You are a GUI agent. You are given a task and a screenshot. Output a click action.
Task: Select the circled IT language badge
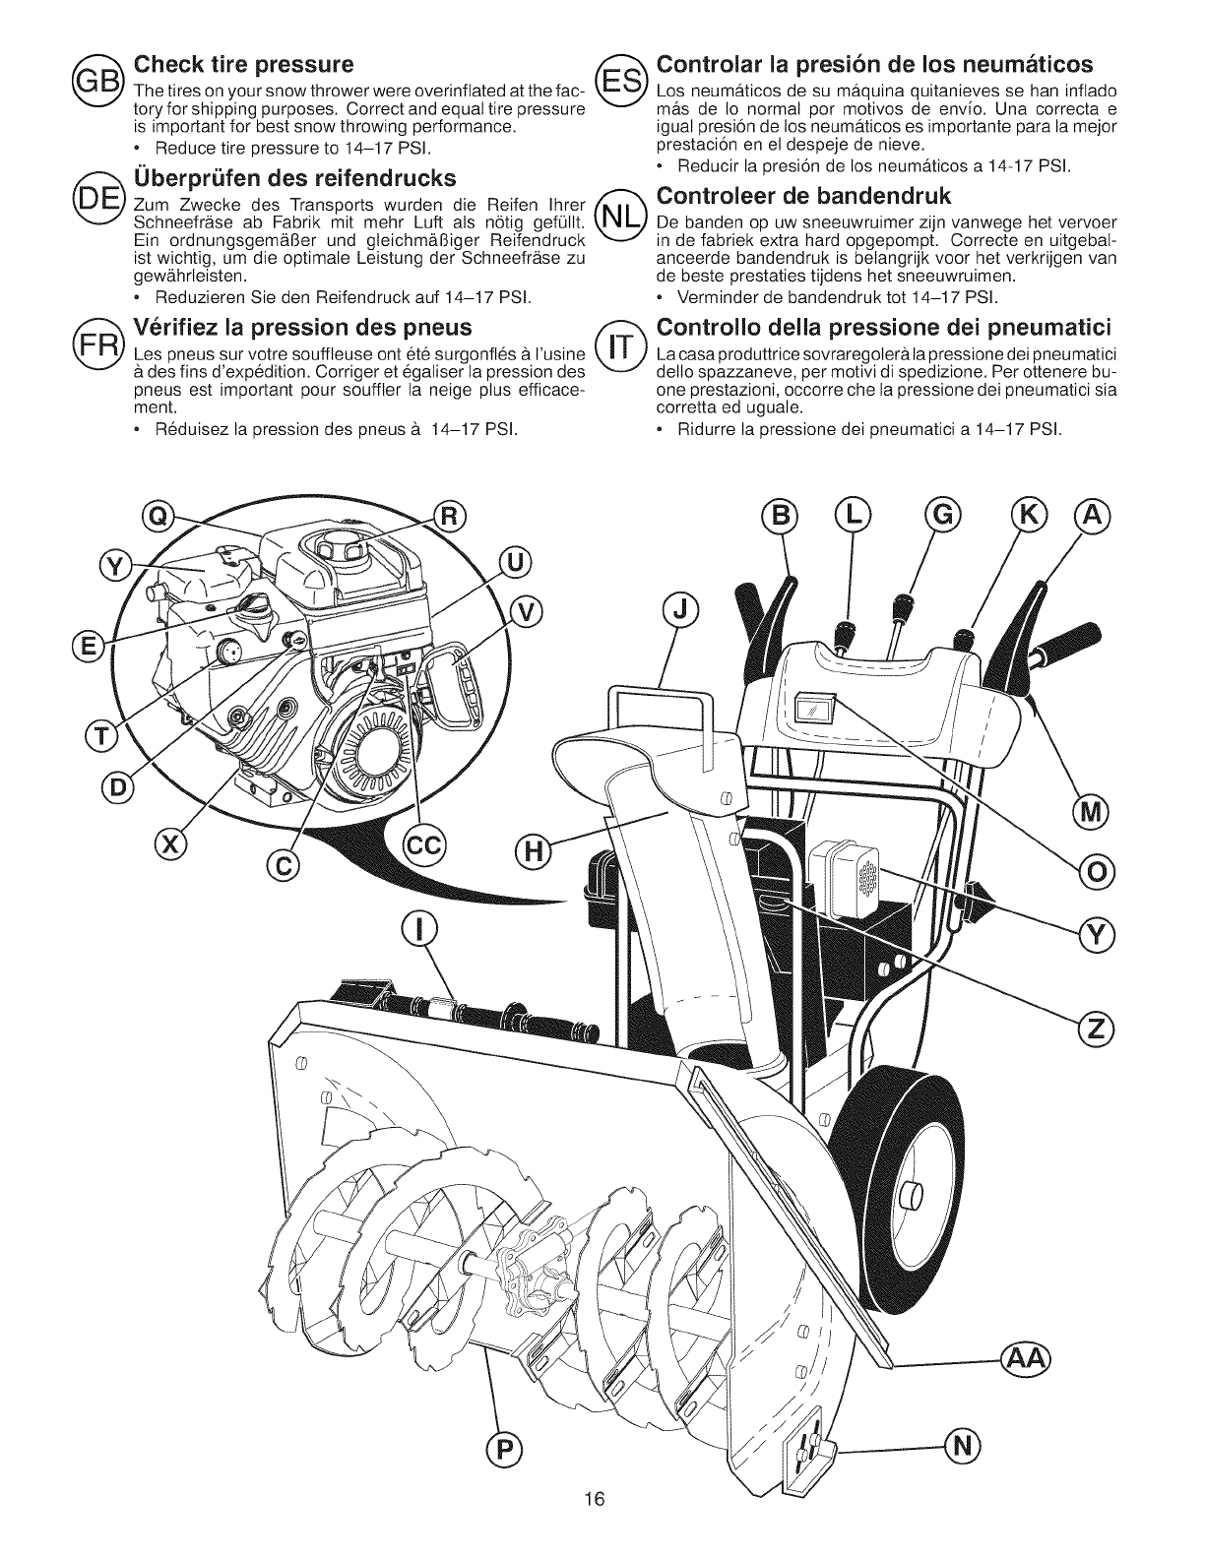click(x=623, y=345)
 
